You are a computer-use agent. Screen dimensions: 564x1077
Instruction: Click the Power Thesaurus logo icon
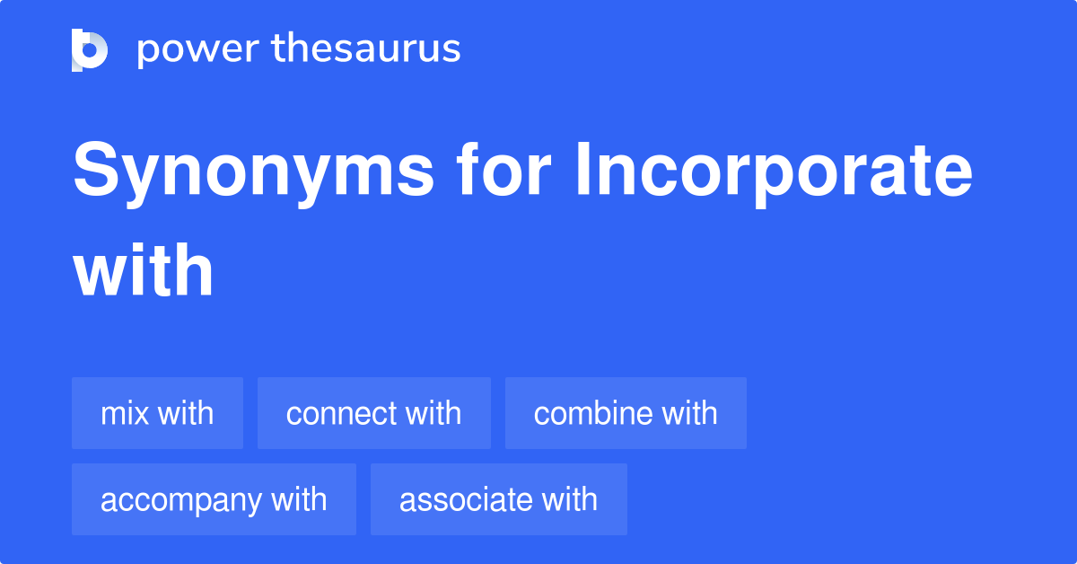click(x=90, y=49)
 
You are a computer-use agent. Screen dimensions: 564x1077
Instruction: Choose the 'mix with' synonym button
click(x=157, y=413)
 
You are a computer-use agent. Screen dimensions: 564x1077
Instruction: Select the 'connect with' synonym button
click(x=373, y=413)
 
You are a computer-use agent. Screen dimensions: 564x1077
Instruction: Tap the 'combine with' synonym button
click(x=626, y=413)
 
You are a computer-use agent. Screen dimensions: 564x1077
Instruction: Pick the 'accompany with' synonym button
click(x=214, y=499)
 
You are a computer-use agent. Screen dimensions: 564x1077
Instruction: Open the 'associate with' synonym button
click(x=498, y=499)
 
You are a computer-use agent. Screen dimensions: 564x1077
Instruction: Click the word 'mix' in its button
click(x=125, y=413)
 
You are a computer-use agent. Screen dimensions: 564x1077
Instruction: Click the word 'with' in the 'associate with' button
click(x=568, y=499)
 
